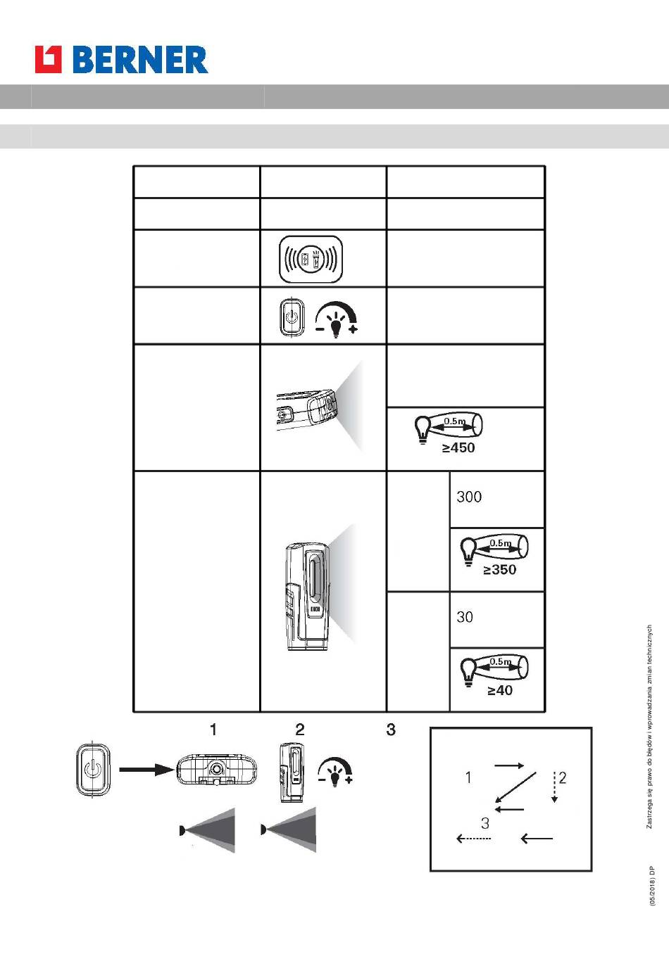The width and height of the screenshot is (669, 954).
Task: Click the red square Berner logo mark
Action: (x=48, y=59)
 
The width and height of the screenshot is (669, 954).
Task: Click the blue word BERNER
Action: (x=140, y=60)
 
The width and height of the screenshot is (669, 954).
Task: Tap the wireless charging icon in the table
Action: (x=311, y=259)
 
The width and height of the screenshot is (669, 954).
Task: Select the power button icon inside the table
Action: (x=292, y=317)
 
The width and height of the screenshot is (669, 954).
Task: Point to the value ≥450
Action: (x=458, y=447)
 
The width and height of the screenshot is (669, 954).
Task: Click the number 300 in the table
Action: (x=469, y=497)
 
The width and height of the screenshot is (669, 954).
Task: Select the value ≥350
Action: (x=500, y=569)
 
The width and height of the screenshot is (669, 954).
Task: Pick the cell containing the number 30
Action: (x=497, y=620)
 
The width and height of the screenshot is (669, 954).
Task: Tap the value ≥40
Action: (x=500, y=690)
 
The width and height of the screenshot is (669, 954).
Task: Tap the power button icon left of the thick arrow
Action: (x=93, y=770)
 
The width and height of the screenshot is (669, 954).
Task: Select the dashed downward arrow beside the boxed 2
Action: (x=554, y=787)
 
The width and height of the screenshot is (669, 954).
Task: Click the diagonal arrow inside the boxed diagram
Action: (x=515, y=787)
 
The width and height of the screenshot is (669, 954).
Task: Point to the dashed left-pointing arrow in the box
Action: (x=473, y=839)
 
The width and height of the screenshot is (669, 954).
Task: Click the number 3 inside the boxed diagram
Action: (x=485, y=823)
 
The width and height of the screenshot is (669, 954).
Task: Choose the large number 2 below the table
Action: (x=300, y=730)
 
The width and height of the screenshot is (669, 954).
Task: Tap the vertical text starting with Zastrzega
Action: (x=649, y=727)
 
